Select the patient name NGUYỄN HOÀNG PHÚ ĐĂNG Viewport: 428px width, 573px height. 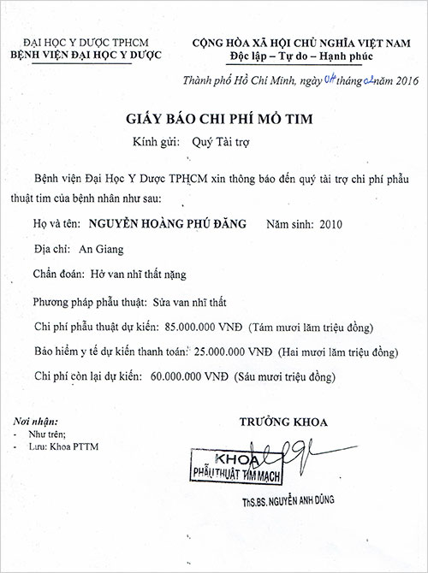coord(167,224)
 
